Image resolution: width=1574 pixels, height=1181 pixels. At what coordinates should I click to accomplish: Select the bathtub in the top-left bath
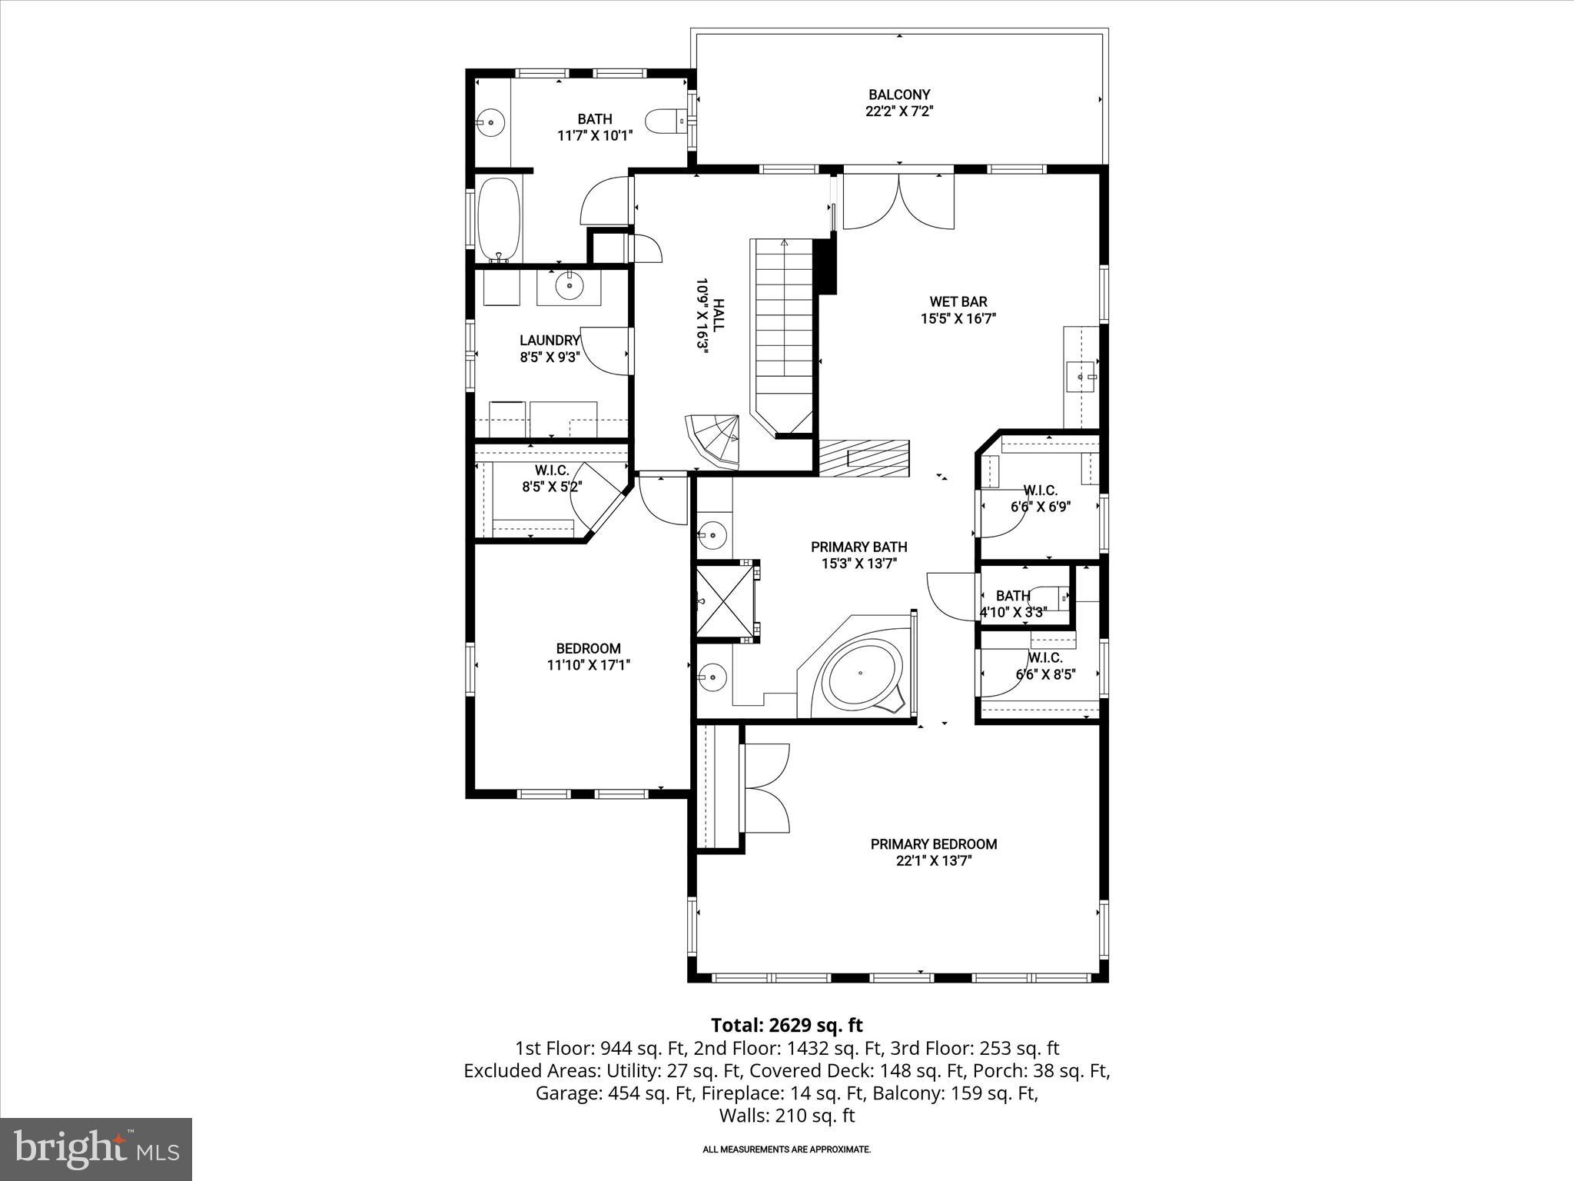click(x=500, y=218)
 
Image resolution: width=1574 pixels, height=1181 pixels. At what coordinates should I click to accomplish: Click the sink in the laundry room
click(x=569, y=287)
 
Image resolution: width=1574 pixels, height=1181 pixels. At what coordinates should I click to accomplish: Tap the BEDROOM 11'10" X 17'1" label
click(x=589, y=657)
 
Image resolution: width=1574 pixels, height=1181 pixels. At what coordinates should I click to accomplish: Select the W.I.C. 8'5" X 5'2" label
click(x=552, y=478)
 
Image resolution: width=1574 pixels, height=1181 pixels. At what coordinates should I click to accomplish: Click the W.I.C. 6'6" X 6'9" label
click(x=1040, y=498)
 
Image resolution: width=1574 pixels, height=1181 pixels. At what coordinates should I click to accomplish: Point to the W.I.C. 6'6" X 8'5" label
click(x=1045, y=666)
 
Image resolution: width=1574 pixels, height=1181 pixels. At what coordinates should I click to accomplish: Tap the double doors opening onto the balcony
click(x=899, y=201)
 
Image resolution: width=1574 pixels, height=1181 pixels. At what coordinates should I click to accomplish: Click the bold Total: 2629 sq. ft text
click(x=786, y=1025)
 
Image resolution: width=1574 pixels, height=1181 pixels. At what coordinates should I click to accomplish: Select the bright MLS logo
click(x=96, y=1149)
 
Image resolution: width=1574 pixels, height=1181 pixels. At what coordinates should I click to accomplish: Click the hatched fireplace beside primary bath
click(x=864, y=458)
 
